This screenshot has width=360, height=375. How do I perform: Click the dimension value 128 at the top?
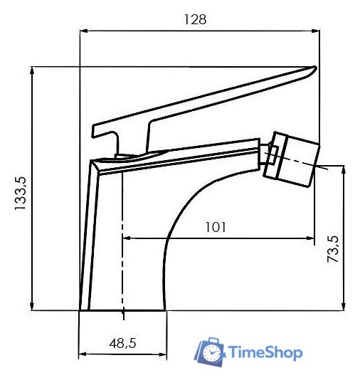(196, 20)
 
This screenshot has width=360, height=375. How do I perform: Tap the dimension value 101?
(216, 227)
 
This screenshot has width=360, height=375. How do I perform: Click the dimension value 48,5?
(122, 343)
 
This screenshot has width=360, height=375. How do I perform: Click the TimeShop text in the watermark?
(265, 353)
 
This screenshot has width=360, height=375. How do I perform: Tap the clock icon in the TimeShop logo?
(211, 352)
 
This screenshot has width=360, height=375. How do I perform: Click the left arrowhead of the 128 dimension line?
(83, 31)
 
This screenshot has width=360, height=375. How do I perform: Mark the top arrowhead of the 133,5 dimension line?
(33, 70)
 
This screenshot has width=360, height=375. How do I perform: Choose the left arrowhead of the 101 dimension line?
(127, 238)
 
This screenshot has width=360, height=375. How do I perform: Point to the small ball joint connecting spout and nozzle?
(270, 152)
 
